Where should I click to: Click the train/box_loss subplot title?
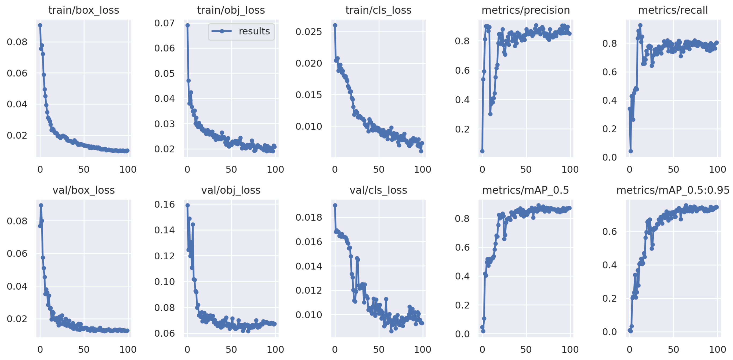click(x=84, y=10)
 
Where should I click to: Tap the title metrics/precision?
click(x=525, y=10)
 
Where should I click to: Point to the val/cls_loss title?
click(x=378, y=190)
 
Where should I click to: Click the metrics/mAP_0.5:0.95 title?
click(x=673, y=190)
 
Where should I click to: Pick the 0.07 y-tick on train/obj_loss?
click(x=165, y=23)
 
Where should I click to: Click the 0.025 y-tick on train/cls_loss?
click(x=309, y=32)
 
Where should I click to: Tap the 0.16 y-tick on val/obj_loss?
click(x=165, y=204)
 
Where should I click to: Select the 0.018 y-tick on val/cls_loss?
click(x=309, y=217)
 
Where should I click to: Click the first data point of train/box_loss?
click(x=40, y=25)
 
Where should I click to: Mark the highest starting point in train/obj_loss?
click(x=187, y=25)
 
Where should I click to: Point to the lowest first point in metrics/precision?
click(x=482, y=151)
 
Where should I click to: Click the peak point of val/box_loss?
click(x=41, y=205)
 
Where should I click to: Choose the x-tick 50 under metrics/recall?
click(x=673, y=170)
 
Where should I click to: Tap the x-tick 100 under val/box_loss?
click(x=128, y=350)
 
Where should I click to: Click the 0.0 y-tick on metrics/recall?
click(x=609, y=157)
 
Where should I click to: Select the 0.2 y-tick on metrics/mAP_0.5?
click(x=462, y=305)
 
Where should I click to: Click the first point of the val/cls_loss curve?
click(x=335, y=205)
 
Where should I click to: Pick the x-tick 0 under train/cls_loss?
click(x=335, y=170)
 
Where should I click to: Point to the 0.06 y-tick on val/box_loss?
click(x=17, y=254)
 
